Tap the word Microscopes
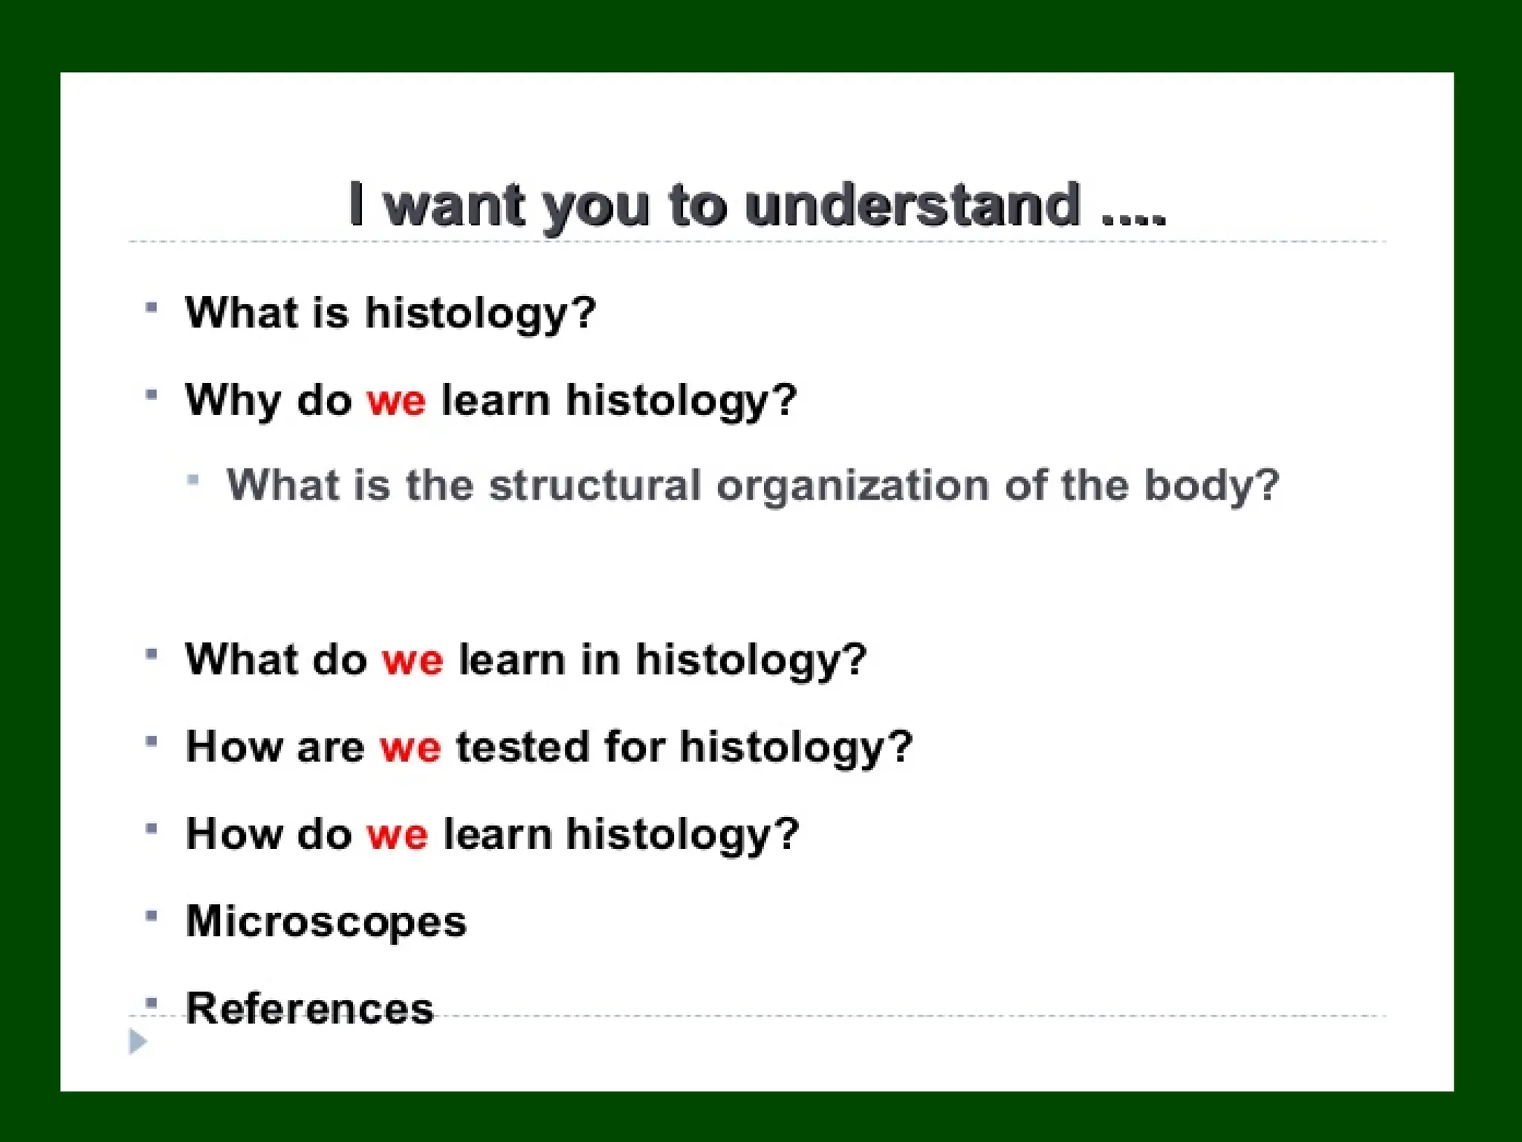click(326, 921)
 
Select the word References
click(309, 1008)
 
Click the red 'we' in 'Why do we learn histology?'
click(396, 401)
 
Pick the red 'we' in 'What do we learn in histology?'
click(412, 659)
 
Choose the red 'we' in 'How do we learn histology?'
click(397, 834)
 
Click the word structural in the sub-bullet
click(595, 485)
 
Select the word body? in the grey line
click(1211, 485)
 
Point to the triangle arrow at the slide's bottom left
click(137, 1042)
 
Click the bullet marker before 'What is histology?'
click(152, 307)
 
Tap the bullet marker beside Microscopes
click(152, 915)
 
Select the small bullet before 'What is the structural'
click(193, 480)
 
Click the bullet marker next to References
click(152, 1003)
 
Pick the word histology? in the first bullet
click(480, 313)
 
